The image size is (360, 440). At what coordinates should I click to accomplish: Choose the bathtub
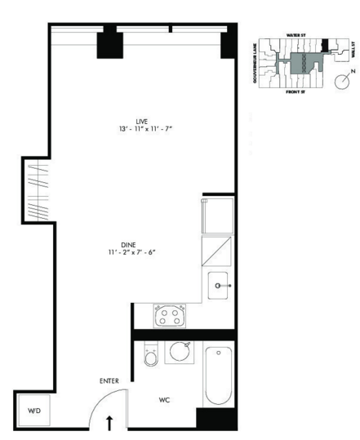coord(220,375)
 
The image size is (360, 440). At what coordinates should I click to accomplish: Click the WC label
coord(163,401)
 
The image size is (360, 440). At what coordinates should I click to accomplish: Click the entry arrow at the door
coord(110,422)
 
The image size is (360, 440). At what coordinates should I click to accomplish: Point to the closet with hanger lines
coord(33,189)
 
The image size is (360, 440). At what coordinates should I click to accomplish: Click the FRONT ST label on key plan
coord(295,94)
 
